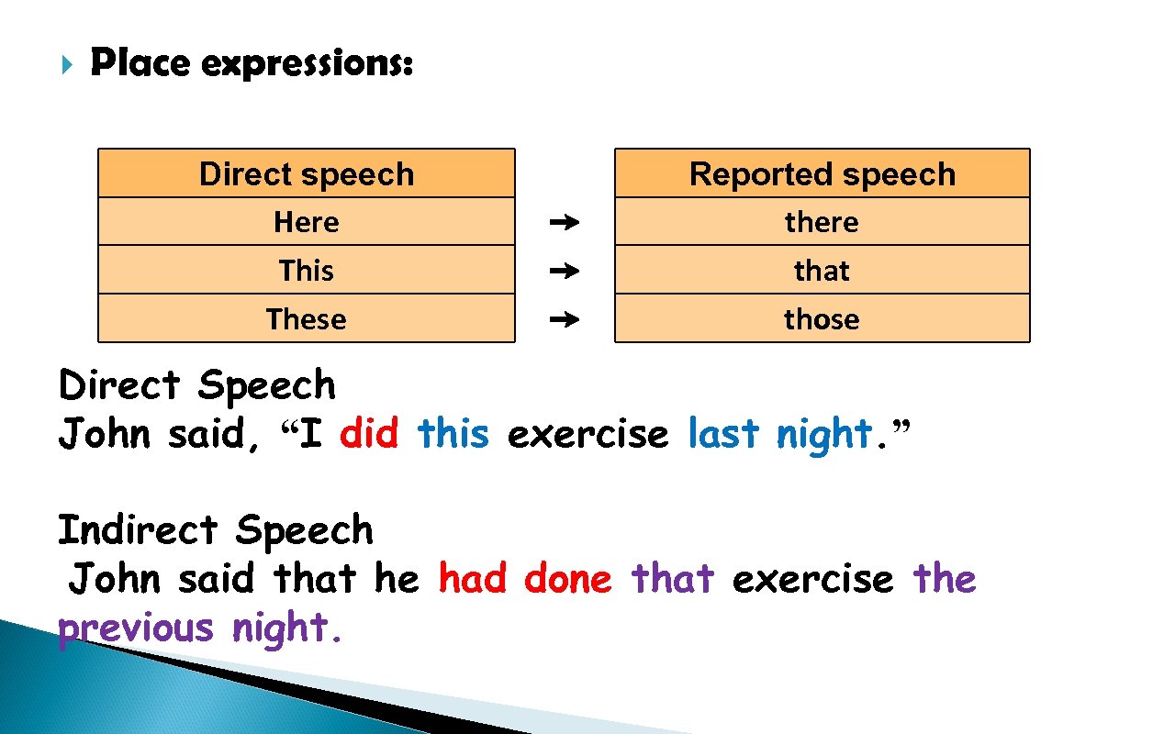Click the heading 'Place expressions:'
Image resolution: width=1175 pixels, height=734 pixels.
(x=252, y=64)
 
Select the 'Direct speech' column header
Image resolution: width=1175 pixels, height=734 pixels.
(x=306, y=173)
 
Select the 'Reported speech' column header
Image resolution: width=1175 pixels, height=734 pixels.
(x=822, y=173)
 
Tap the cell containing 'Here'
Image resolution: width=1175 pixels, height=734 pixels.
(x=306, y=222)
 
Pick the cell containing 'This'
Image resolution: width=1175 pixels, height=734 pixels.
(x=306, y=271)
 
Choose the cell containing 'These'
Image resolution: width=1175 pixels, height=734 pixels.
(x=306, y=319)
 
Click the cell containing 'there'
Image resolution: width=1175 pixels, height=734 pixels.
(x=822, y=222)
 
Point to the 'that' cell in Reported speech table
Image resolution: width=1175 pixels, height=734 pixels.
(x=822, y=271)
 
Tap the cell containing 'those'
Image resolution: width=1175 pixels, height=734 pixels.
(x=822, y=319)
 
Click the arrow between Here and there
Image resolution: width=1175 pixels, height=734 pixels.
(x=565, y=223)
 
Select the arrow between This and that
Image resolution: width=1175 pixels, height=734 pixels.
(x=565, y=272)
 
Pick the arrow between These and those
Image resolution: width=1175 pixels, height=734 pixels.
(x=565, y=320)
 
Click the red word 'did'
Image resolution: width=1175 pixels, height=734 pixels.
(x=369, y=433)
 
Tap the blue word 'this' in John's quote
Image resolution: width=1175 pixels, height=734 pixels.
(x=453, y=433)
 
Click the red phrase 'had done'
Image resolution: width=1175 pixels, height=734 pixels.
(x=524, y=579)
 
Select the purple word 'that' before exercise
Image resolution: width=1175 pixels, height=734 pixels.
(x=672, y=579)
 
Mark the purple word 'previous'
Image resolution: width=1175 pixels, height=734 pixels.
(x=135, y=628)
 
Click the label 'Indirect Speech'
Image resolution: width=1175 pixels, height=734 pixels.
(x=216, y=530)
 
